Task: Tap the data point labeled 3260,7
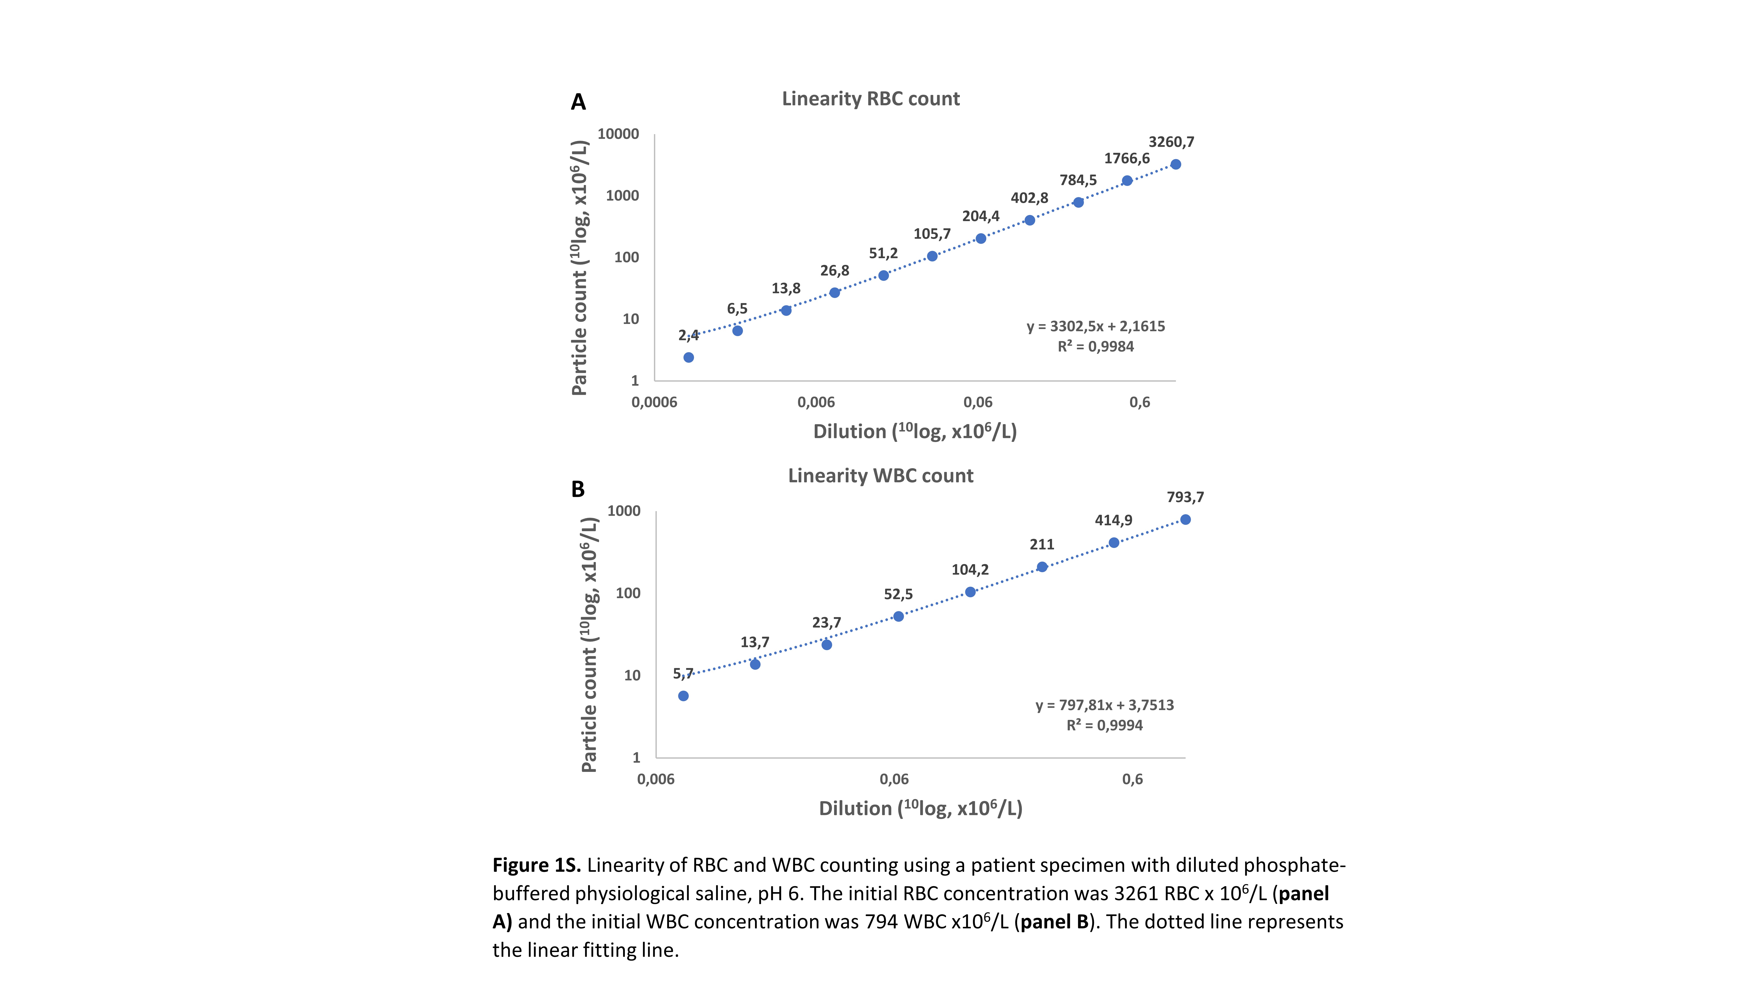coord(1175,164)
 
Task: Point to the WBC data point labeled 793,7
coord(1185,520)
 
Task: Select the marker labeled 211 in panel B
coord(1042,567)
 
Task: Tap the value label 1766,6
coord(1127,159)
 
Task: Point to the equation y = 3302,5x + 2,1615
coord(1095,326)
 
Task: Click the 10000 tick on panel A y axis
coord(618,134)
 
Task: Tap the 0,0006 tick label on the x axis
coord(654,402)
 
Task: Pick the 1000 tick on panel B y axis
coord(624,511)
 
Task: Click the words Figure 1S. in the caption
coord(536,865)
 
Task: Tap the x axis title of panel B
coord(920,808)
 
